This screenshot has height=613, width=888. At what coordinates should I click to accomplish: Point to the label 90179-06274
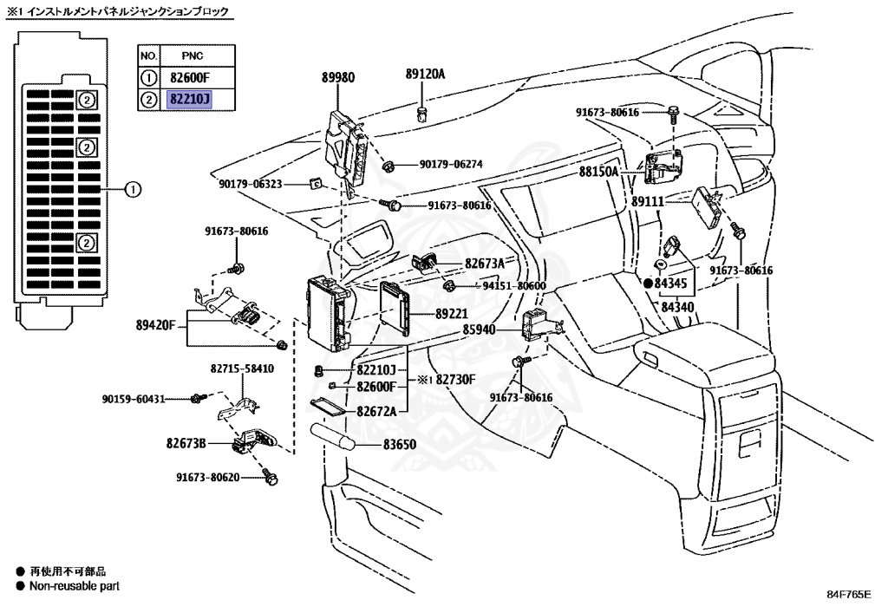tap(451, 164)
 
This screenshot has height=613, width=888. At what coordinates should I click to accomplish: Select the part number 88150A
tap(599, 172)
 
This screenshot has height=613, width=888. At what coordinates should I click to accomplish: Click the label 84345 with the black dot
tap(670, 283)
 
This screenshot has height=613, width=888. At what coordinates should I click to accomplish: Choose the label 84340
tap(677, 306)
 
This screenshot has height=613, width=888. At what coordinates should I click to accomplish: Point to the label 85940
tap(480, 329)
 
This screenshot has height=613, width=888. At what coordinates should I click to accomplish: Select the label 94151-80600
tap(513, 285)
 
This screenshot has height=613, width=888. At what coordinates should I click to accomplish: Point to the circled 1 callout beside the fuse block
tap(131, 188)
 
